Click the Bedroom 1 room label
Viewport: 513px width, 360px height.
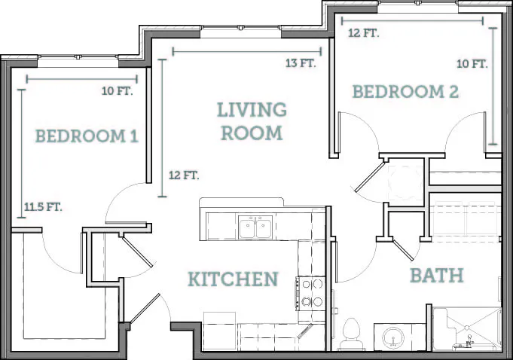[x=87, y=136]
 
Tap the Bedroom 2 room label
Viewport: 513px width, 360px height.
[x=405, y=92]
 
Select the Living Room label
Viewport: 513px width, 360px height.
[x=252, y=121]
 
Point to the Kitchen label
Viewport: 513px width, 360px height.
[x=233, y=279]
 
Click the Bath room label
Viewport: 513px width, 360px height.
[x=437, y=276]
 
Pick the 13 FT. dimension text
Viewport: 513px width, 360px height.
[x=301, y=63]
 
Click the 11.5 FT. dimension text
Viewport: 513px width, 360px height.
[x=43, y=206]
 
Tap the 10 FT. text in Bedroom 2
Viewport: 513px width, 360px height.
[x=472, y=64]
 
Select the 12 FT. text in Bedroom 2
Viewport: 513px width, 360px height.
[x=364, y=33]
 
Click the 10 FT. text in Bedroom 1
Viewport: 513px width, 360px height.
[x=117, y=91]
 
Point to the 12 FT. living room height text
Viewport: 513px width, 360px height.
[x=184, y=175]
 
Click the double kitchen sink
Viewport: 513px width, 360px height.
[x=255, y=227]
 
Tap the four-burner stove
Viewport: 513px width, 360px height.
[x=311, y=294]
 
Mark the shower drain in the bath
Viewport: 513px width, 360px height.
[x=467, y=327]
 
